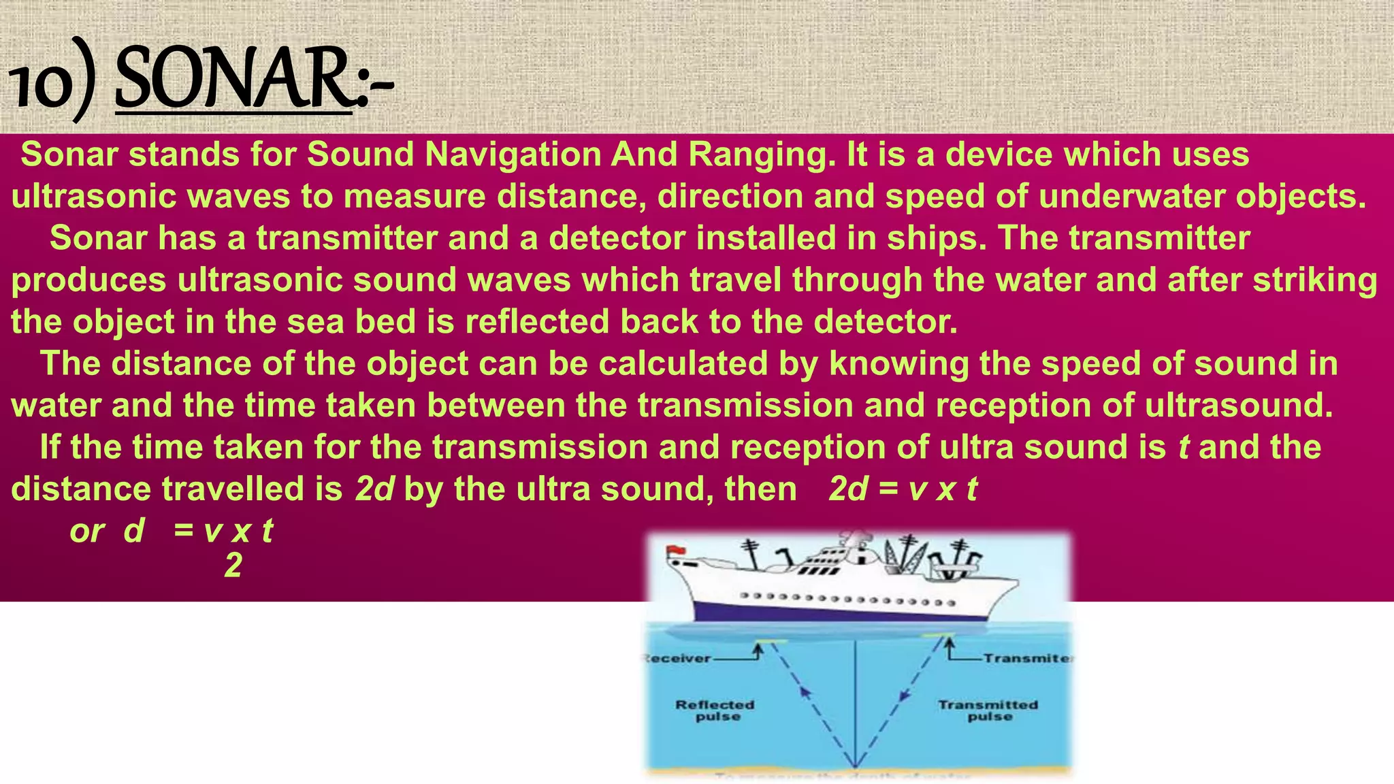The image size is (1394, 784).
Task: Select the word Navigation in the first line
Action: (512, 154)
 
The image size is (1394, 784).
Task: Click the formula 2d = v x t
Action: (903, 489)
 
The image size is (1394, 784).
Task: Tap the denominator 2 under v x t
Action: (233, 566)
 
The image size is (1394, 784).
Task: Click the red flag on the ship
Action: (676, 550)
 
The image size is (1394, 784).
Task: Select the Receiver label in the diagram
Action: (677, 659)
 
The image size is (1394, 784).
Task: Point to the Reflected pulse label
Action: (715, 710)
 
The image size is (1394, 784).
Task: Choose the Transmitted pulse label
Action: (988, 710)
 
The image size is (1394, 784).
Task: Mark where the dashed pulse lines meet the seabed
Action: (854, 767)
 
